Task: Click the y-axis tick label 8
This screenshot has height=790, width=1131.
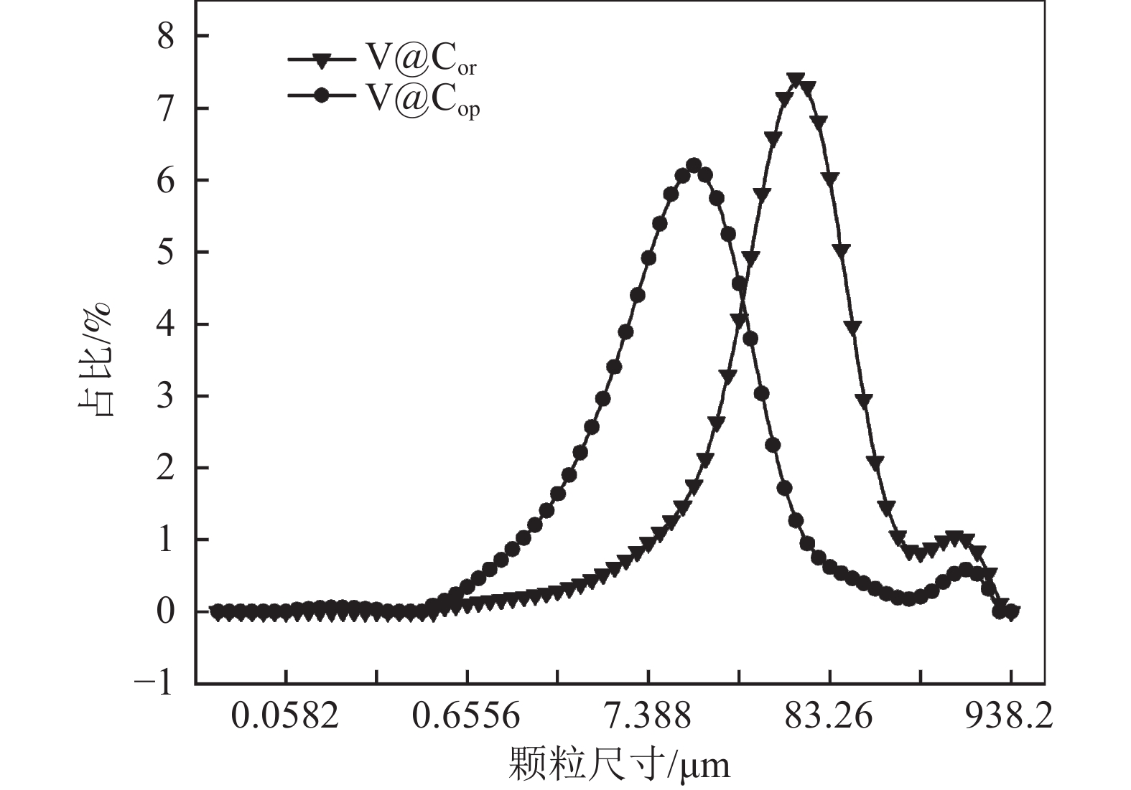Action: (x=166, y=37)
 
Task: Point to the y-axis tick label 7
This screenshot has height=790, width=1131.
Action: (x=166, y=108)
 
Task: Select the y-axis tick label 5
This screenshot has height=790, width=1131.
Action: (x=166, y=252)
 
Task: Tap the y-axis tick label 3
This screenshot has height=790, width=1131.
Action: (x=166, y=396)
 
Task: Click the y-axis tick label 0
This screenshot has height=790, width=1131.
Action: (x=166, y=611)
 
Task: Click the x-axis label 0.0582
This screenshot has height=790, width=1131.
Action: (x=285, y=715)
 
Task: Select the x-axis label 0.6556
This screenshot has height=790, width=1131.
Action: (x=467, y=715)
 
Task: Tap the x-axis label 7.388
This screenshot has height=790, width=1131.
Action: (x=648, y=715)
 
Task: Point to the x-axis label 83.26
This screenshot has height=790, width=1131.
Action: (x=829, y=715)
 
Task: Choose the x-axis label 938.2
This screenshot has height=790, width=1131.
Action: (x=1010, y=715)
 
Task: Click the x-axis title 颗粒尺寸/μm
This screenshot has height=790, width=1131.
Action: (x=619, y=763)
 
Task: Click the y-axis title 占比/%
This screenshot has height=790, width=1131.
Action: (x=96, y=359)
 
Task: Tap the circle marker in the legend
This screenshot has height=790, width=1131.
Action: (x=322, y=95)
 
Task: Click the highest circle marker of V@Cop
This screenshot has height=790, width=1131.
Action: (x=694, y=165)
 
